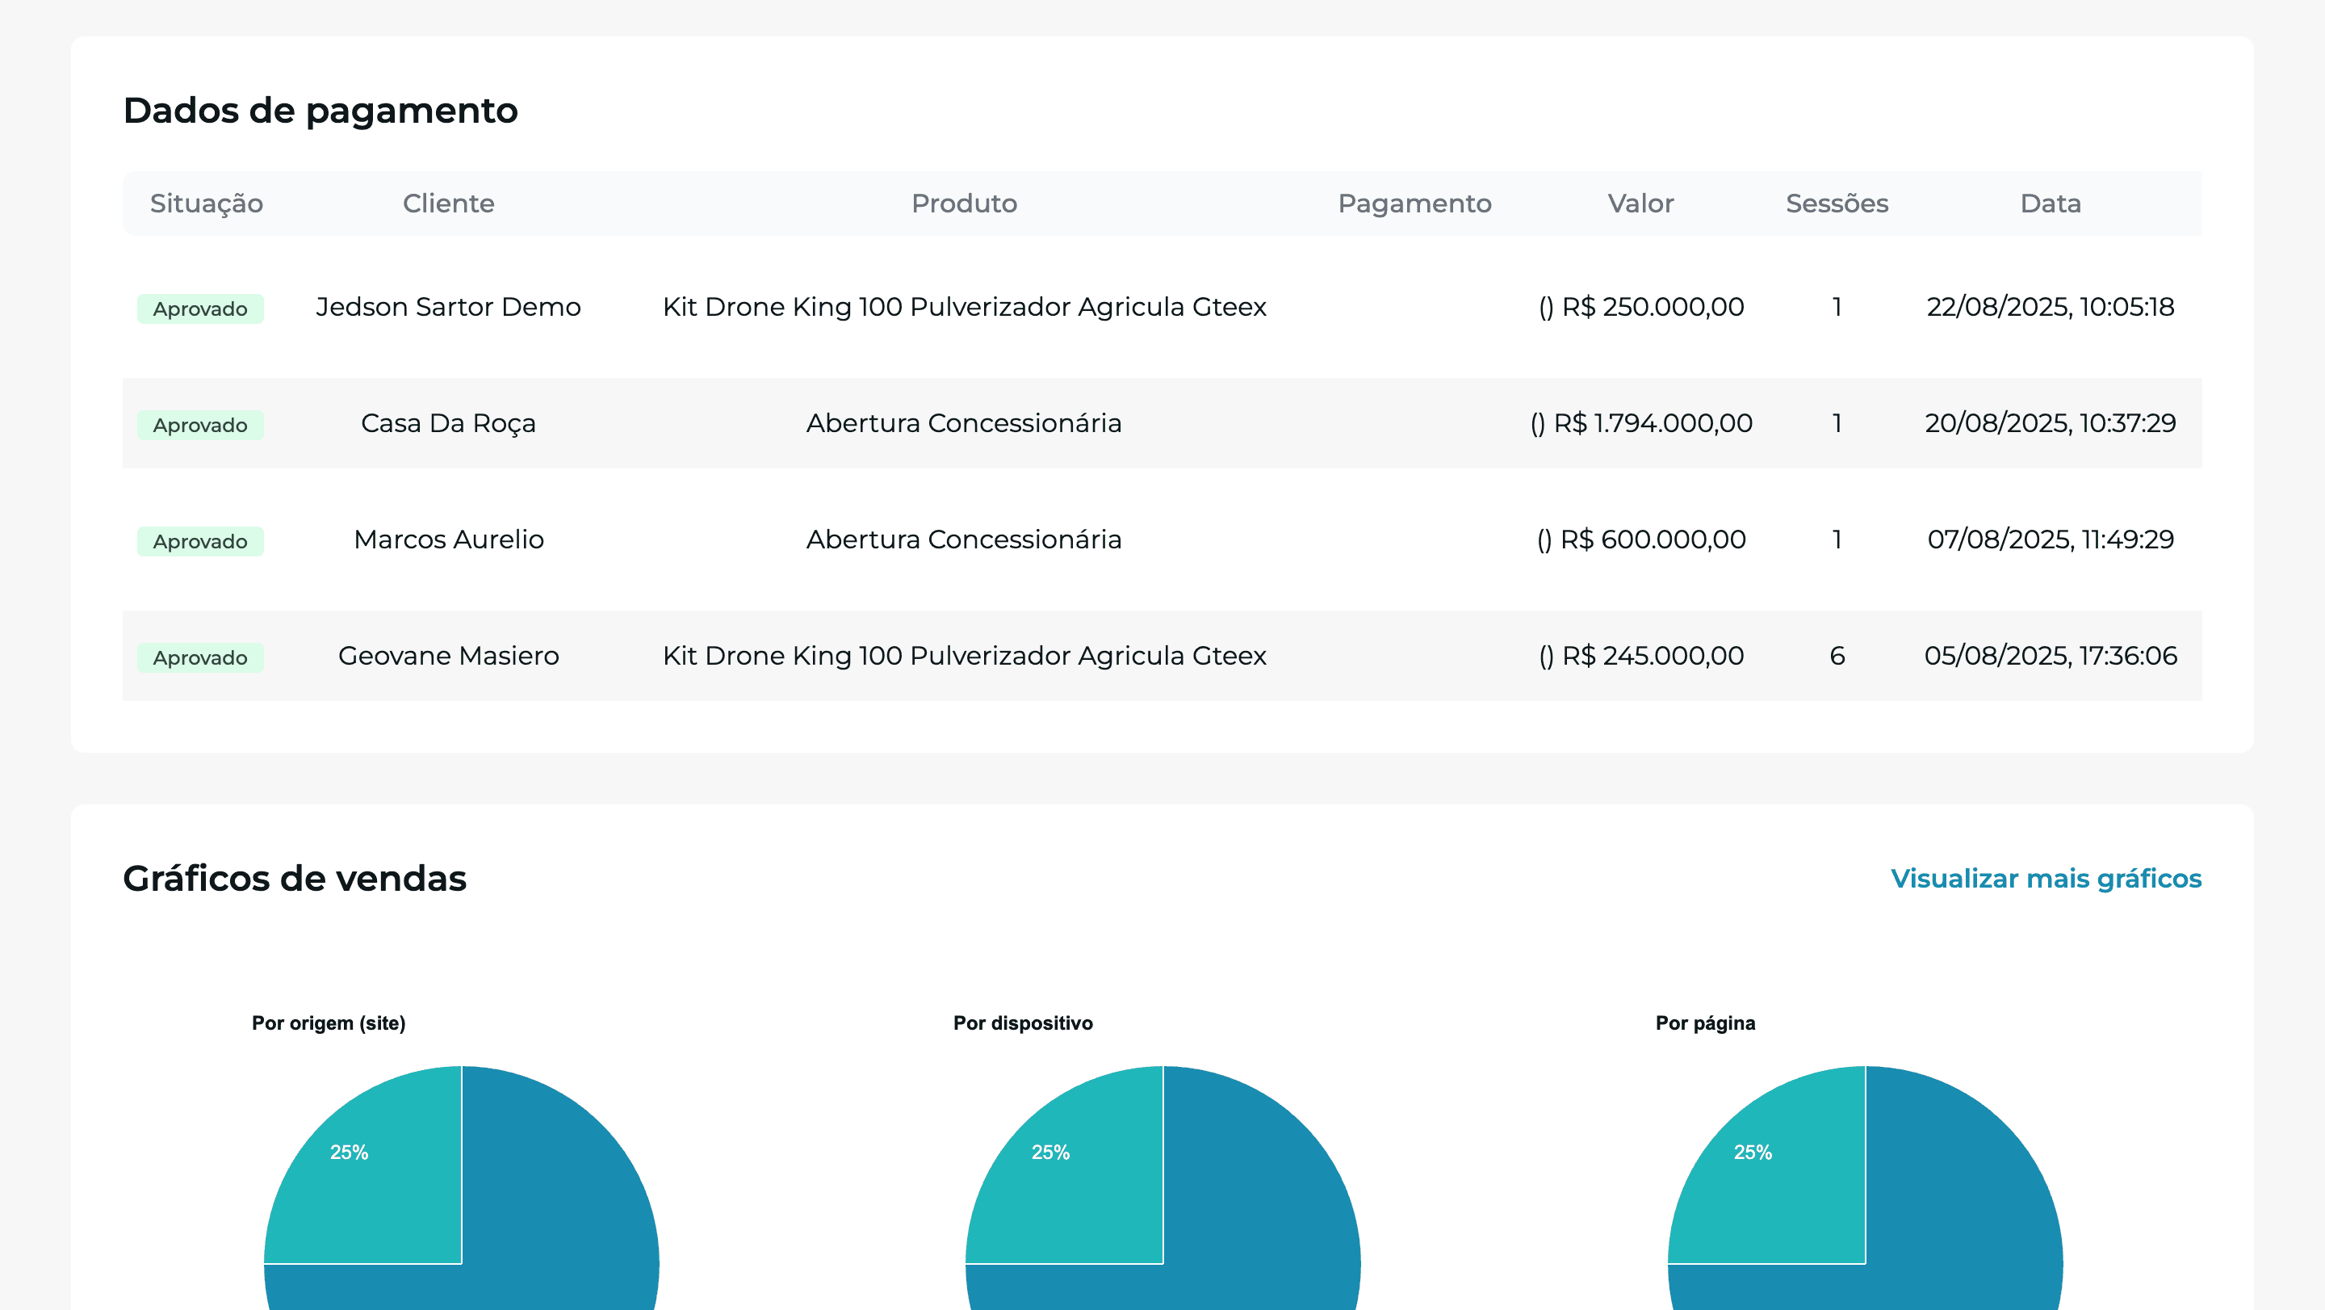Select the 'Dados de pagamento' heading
coord(320,110)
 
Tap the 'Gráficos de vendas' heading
coord(294,879)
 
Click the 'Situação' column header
coord(207,204)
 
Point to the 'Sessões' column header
coord(1837,204)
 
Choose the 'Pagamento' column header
coord(1414,204)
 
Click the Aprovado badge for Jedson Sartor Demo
coord(200,309)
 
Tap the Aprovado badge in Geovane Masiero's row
coord(200,657)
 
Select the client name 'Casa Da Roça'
coord(449,422)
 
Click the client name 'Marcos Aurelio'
coord(449,539)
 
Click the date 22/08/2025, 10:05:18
coord(2050,307)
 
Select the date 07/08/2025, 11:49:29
coord(2050,539)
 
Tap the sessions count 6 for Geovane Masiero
coord(1837,656)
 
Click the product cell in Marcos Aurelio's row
coord(964,539)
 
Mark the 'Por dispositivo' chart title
coord(1023,1023)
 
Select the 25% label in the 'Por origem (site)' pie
coord(350,1152)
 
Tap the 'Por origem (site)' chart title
coord(329,1023)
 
